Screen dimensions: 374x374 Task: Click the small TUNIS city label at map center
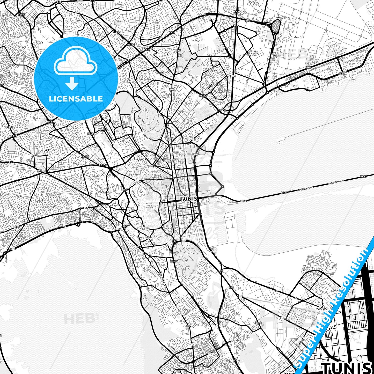pos(189,199)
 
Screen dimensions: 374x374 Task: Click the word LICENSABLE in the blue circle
pos(76,99)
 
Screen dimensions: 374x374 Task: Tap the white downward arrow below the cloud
pos(72,84)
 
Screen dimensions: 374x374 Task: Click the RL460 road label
pos(174,261)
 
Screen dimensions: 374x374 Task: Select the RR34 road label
pos(258,323)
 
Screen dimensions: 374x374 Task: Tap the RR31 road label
pos(10,127)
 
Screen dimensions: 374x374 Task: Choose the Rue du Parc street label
pos(124,140)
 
